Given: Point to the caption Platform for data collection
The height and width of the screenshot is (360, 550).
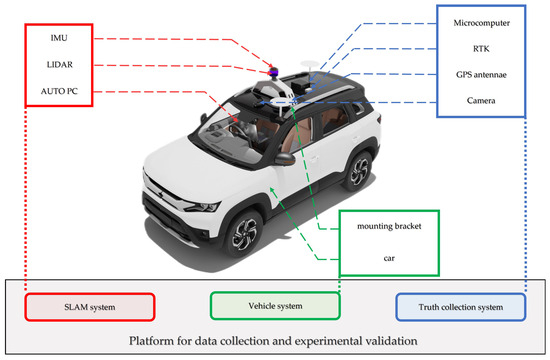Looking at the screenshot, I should (x=274, y=343).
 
